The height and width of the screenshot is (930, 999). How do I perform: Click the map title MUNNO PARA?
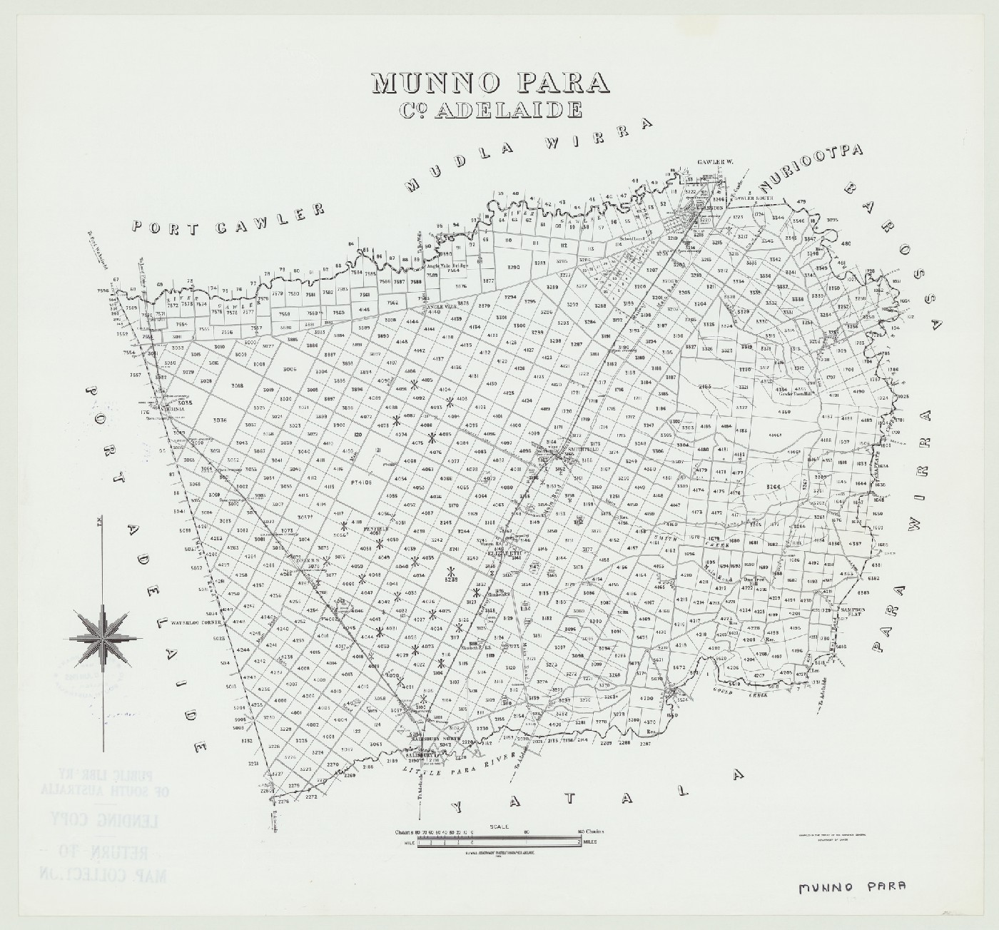tap(490, 83)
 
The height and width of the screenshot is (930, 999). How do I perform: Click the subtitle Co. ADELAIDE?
tap(490, 109)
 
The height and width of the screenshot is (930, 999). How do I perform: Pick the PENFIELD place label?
tap(374, 530)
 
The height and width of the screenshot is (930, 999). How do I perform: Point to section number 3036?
tap(218, 420)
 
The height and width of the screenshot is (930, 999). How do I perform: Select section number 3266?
tap(774, 487)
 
